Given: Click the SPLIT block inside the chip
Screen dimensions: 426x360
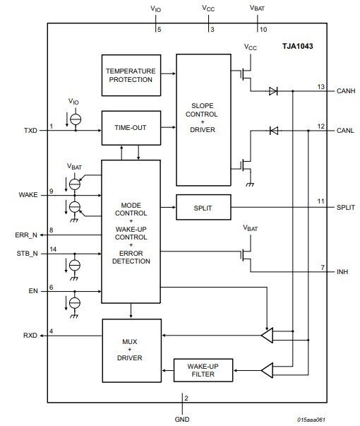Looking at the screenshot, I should coord(203,207).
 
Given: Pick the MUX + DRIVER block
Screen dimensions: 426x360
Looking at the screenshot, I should coord(131,349).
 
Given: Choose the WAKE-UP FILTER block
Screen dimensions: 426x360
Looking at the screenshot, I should coord(203,369).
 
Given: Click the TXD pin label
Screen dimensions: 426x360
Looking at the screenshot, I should coord(30,130).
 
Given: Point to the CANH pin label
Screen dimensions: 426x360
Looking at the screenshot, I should coord(346,91).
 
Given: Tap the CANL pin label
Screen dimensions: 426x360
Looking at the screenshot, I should coord(346,130).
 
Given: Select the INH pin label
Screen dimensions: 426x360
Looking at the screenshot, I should coord(342,271).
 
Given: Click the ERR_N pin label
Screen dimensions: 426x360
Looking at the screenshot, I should coord(28,235).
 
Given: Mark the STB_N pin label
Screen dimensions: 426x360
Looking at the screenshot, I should coord(28,253).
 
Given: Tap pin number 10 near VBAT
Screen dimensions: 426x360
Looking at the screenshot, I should coord(263,30).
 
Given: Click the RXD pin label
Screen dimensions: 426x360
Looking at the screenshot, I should coord(30,335).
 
